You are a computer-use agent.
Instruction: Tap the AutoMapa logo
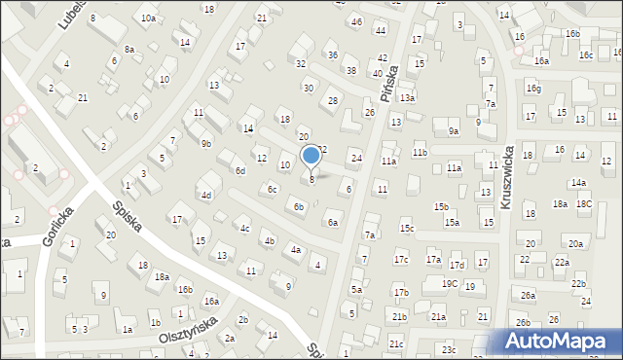(x=561, y=342)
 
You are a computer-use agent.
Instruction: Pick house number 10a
(x=148, y=18)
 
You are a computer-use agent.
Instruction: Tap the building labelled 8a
(x=128, y=49)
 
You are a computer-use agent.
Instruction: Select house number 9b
(x=205, y=143)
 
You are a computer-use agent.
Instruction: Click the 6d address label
(x=239, y=170)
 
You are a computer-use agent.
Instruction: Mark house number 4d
(x=206, y=196)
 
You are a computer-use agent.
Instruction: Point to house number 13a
(x=407, y=97)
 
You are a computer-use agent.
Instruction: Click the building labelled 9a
(x=453, y=131)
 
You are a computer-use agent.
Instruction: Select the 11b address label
(x=420, y=153)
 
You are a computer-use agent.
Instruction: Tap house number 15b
(x=441, y=206)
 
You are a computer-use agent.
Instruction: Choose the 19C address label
(x=449, y=283)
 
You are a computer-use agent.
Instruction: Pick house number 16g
(x=533, y=89)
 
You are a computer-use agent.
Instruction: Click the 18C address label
(x=584, y=203)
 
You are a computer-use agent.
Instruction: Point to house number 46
(x=356, y=21)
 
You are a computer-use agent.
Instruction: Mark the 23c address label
(x=448, y=349)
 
